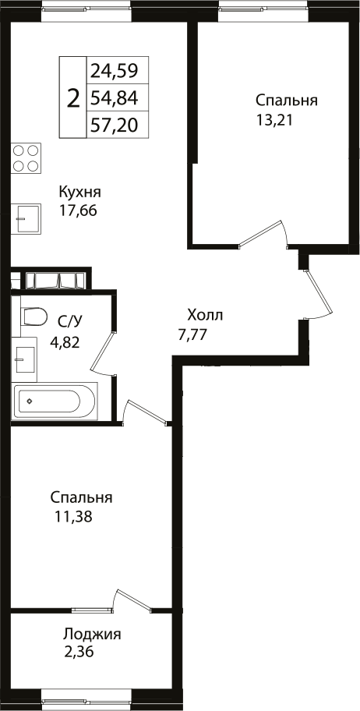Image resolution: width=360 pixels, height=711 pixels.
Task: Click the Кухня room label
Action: tap(80, 192)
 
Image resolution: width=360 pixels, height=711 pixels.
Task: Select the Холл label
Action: tap(205, 316)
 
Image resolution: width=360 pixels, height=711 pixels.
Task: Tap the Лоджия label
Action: tap(92, 635)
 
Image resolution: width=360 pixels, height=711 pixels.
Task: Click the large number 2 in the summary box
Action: tap(73, 98)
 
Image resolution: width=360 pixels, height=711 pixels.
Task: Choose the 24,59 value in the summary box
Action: tap(114, 72)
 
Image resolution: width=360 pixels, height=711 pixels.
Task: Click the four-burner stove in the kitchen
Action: tap(26, 158)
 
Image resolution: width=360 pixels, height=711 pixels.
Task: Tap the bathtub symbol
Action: tap(55, 401)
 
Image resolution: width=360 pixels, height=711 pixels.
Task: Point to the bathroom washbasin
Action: tap(26, 359)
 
